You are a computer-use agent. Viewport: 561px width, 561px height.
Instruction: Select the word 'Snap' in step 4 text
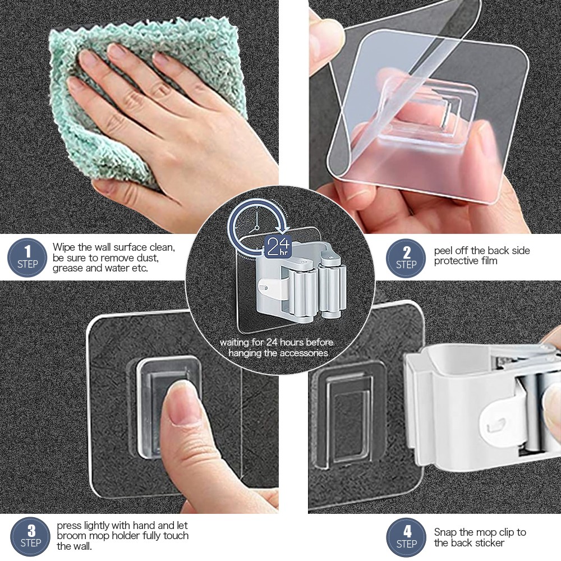pyautogui.click(x=445, y=532)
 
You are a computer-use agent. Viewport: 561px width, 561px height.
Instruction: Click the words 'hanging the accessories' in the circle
pyautogui.click(x=279, y=353)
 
